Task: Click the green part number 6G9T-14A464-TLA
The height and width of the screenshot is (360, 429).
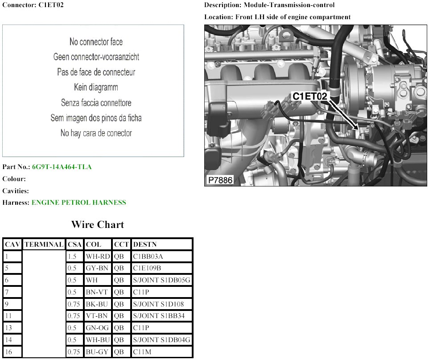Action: tap(62, 167)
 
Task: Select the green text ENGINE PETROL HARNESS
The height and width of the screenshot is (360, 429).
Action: tap(79, 203)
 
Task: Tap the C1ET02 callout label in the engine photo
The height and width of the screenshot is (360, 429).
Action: tap(310, 96)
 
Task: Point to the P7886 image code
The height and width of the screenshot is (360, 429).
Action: tap(220, 180)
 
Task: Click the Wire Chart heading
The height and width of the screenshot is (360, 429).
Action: tap(98, 224)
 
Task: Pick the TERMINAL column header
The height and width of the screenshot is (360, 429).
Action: tap(44, 244)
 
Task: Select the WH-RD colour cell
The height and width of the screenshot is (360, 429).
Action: tap(98, 256)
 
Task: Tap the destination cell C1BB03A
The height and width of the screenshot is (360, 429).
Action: tap(148, 256)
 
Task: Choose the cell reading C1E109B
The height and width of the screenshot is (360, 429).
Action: tap(147, 268)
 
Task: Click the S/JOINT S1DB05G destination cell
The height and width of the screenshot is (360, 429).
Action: tap(161, 280)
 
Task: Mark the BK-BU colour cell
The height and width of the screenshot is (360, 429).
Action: tap(97, 304)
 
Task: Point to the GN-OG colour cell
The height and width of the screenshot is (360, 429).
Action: tap(97, 328)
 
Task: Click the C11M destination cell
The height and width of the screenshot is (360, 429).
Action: tap(142, 352)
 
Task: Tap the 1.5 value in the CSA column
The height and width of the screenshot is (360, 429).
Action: tap(72, 256)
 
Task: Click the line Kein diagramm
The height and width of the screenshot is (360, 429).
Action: tap(96, 87)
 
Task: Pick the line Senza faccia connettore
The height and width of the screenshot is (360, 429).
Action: tap(96, 103)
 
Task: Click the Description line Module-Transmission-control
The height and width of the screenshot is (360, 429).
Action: tap(289, 5)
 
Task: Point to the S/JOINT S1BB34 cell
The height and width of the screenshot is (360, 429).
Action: tap(159, 316)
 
